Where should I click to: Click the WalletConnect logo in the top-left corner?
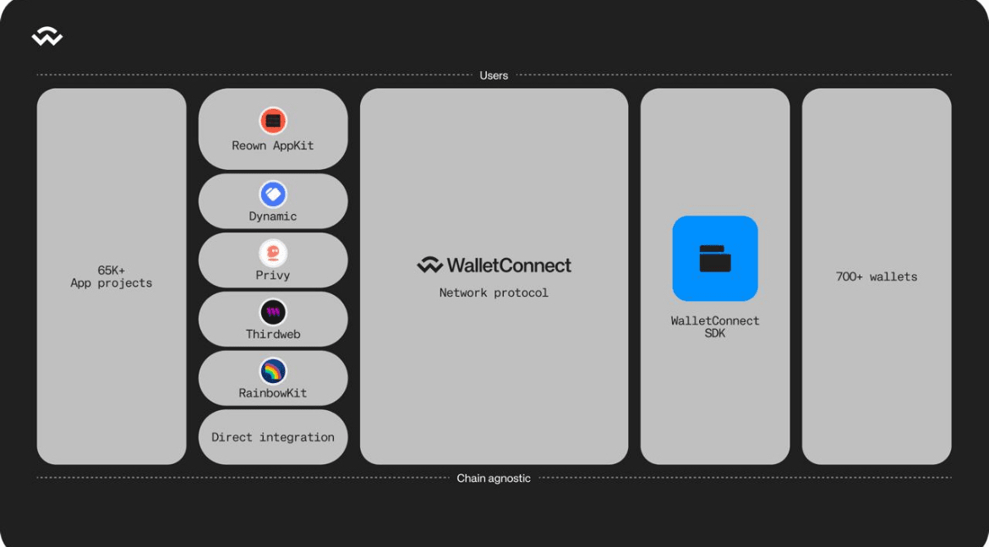47,36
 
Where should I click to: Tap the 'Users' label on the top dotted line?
494,76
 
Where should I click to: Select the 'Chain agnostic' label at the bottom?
494,479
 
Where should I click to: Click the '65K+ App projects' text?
111,277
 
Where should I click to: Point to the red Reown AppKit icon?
273,121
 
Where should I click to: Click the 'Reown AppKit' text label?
273,145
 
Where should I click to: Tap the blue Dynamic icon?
273,194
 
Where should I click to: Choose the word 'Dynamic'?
273,216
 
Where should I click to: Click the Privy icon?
273,253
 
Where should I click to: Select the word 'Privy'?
273,276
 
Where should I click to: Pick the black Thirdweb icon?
273,312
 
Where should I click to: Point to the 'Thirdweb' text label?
273,335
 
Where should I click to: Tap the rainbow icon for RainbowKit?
273,371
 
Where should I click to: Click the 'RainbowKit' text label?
273,393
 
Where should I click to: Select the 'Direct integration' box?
273,437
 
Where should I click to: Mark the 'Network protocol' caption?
494,293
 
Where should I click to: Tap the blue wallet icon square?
715,258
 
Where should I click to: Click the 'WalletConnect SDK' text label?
715,327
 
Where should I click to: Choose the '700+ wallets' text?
877,277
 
